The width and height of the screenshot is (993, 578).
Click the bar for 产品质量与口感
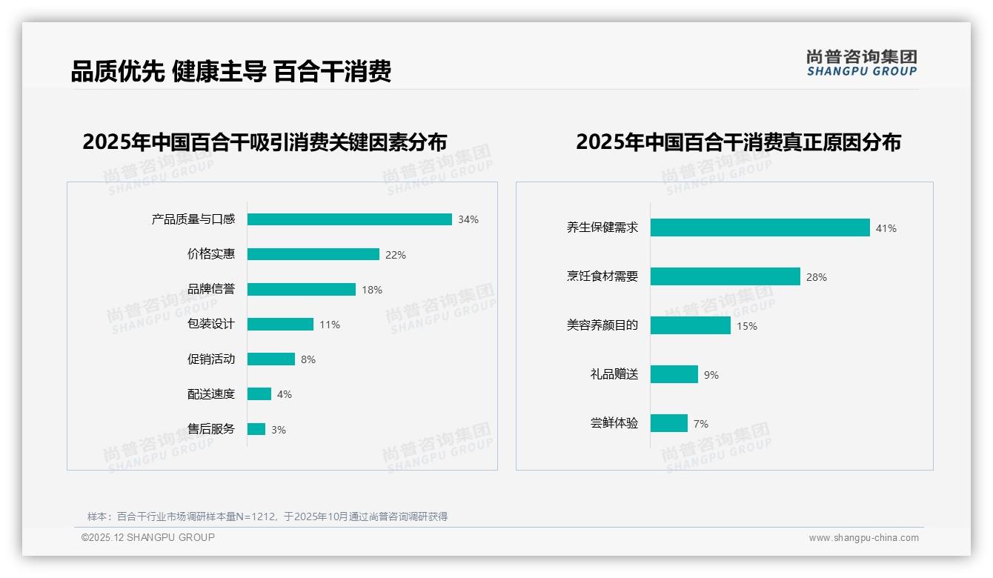click(349, 219)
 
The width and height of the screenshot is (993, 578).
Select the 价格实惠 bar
click(313, 254)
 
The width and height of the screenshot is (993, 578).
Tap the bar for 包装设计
click(280, 325)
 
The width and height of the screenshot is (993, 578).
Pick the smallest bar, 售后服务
click(256, 429)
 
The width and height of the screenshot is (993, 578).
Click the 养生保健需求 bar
click(760, 227)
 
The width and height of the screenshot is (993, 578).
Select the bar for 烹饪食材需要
click(725, 276)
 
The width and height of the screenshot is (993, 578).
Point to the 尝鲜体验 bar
click(668, 423)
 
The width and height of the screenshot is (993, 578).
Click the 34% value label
click(468, 219)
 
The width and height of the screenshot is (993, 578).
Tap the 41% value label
click(886, 228)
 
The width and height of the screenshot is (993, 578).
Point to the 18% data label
click(372, 290)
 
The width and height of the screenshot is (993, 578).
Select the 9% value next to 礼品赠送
click(711, 375)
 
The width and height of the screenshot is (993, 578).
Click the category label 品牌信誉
click(211, 289)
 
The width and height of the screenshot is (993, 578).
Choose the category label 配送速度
click(211, 394)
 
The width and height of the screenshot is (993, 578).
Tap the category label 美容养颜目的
click(602, 325)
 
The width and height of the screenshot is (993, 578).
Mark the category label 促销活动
click(211, 359)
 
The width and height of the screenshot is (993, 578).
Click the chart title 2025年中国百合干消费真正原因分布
click(738, 142)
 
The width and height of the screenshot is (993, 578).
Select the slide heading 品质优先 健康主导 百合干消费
click(231, 71)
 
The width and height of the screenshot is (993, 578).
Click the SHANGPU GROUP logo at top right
click(862, 63)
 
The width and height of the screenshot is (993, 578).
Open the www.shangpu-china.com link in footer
click(863, 538)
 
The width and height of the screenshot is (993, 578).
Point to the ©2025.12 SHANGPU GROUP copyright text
click(148, 537)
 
